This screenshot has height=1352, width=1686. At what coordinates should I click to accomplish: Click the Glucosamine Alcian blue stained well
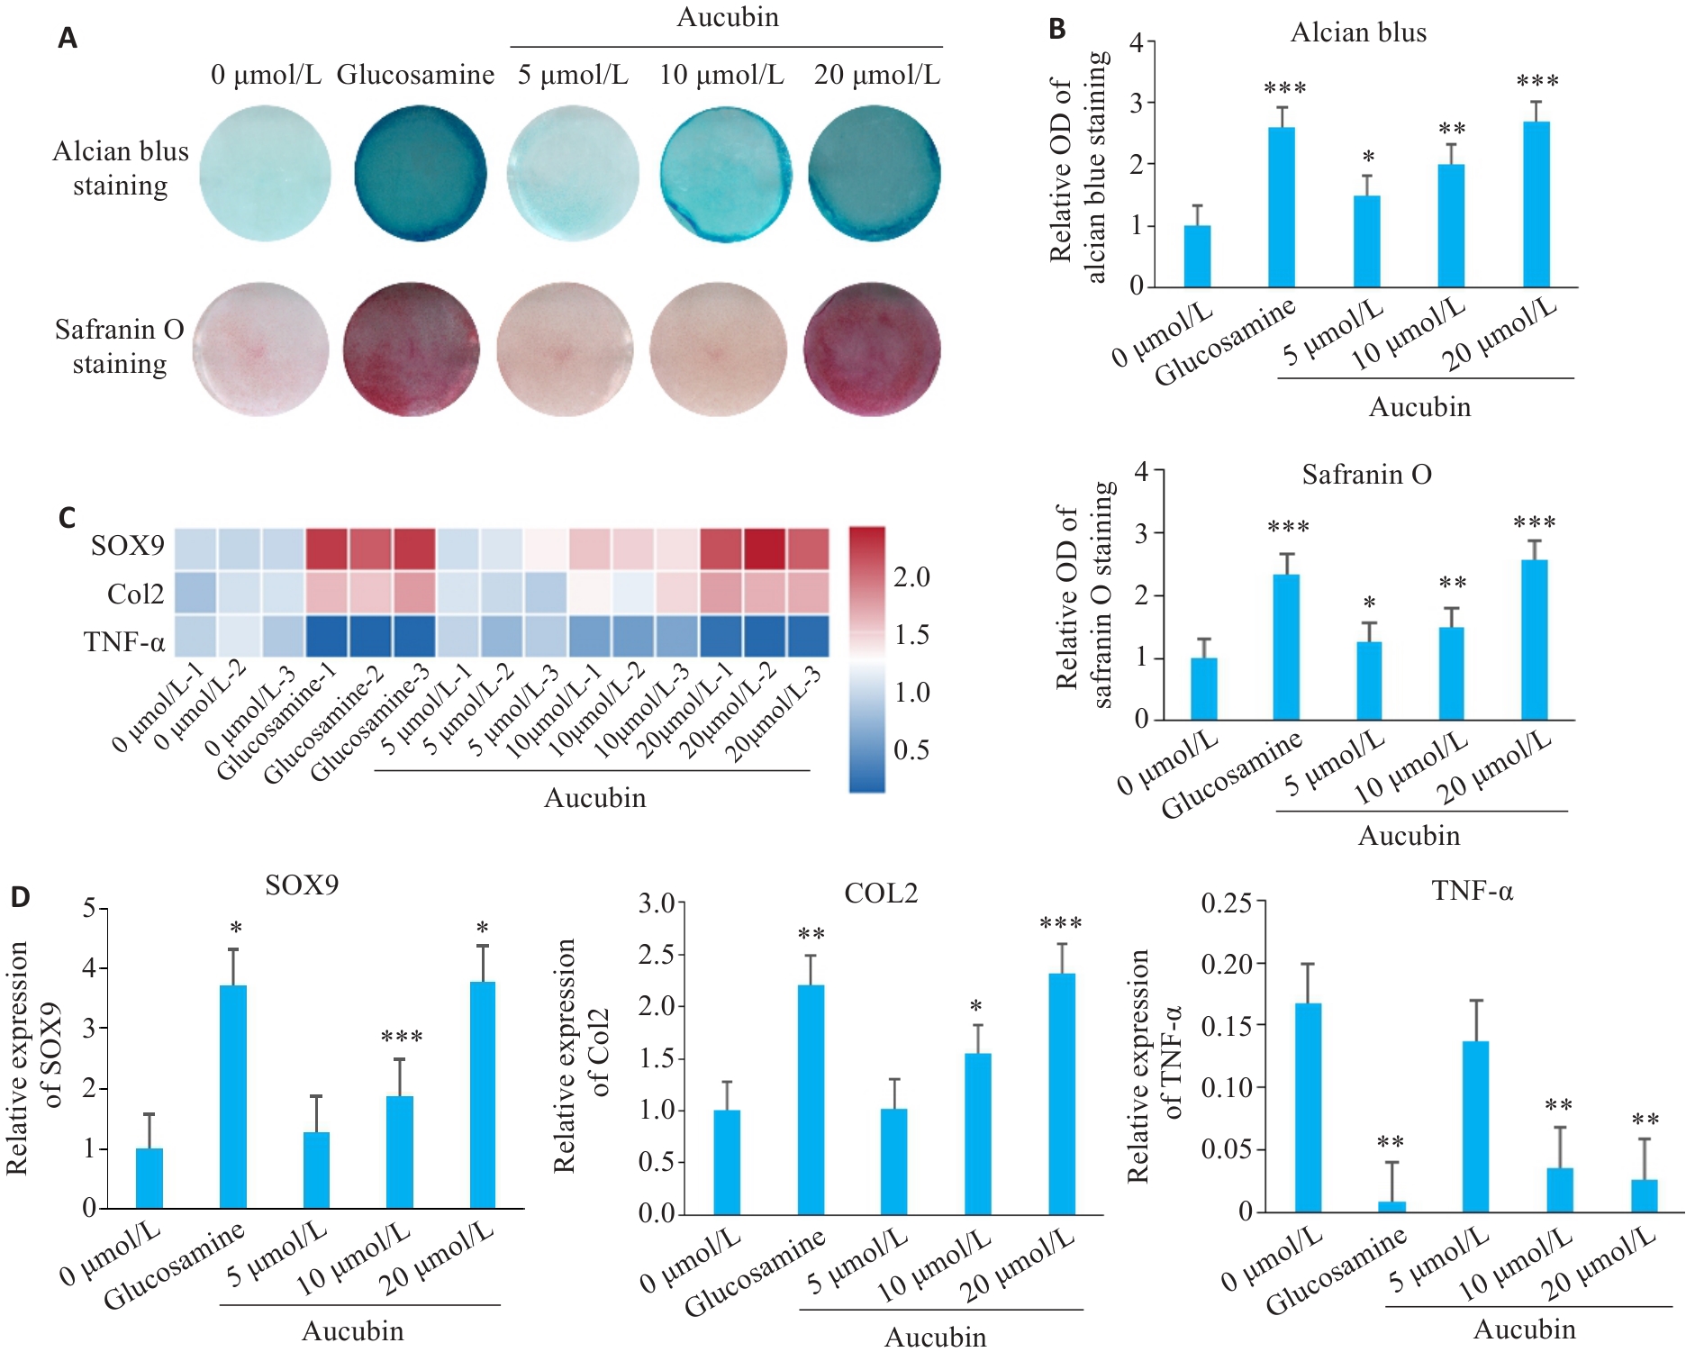420,173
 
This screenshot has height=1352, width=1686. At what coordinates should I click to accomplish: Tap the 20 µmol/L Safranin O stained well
872,349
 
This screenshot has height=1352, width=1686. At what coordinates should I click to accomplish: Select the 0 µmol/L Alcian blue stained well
265,173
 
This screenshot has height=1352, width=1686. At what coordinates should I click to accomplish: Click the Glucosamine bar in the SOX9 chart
233,1096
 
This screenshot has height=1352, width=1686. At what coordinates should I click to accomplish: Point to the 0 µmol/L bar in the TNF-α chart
1308,1107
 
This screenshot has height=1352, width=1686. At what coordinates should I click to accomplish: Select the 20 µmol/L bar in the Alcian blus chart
1536,204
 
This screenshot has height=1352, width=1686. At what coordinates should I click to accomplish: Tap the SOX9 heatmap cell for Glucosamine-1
328,549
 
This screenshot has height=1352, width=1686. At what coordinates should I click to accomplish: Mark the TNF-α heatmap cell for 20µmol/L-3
808,636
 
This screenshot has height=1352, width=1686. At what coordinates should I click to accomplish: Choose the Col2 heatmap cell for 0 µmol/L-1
195,593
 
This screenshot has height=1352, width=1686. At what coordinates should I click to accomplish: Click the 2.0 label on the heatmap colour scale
911,577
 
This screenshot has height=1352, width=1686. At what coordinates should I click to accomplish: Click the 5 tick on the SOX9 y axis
89,907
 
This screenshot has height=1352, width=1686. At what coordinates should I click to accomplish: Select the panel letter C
67,518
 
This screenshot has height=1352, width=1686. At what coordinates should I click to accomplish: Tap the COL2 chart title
880,894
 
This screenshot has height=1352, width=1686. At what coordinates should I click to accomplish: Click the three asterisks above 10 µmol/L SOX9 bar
401,1038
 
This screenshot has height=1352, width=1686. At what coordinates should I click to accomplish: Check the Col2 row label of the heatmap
135,594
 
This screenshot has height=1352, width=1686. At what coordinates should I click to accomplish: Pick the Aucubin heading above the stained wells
727,18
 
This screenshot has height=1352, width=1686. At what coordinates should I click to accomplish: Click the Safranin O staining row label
119,347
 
